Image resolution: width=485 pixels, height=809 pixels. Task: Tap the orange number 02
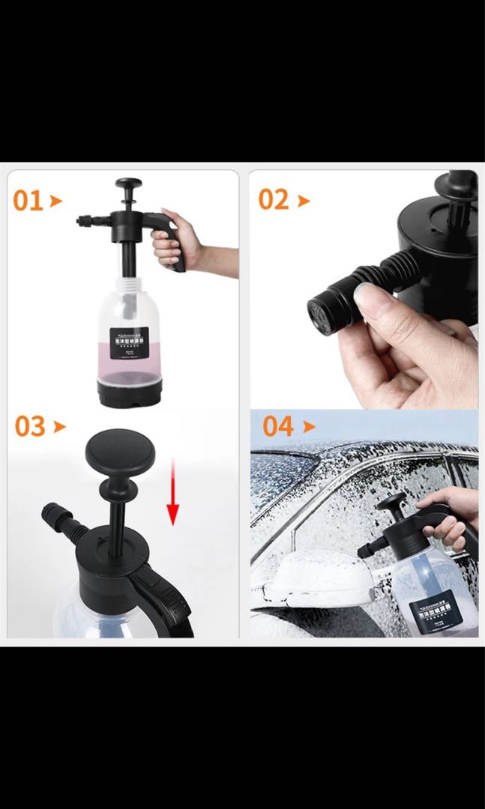pos(274,200)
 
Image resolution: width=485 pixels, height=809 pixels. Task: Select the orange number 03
pos(30,427)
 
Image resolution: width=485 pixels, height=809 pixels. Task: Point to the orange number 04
pos(278,427)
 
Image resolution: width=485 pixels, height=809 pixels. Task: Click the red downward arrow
pos(173,494)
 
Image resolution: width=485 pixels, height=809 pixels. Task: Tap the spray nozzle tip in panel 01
pos(80,220)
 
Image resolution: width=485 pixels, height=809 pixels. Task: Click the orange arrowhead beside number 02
pos(304,201)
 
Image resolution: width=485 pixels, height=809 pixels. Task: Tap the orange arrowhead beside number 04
pos(309,427)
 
